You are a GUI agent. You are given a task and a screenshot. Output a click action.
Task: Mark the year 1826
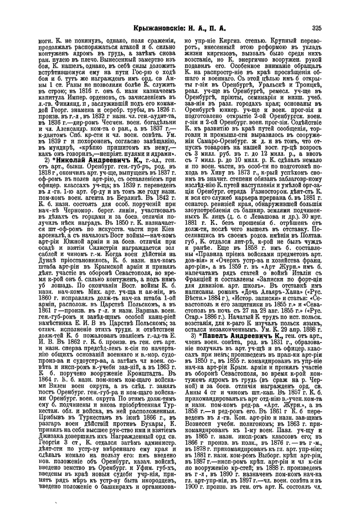pyautogui.click(x=161, y=113)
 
